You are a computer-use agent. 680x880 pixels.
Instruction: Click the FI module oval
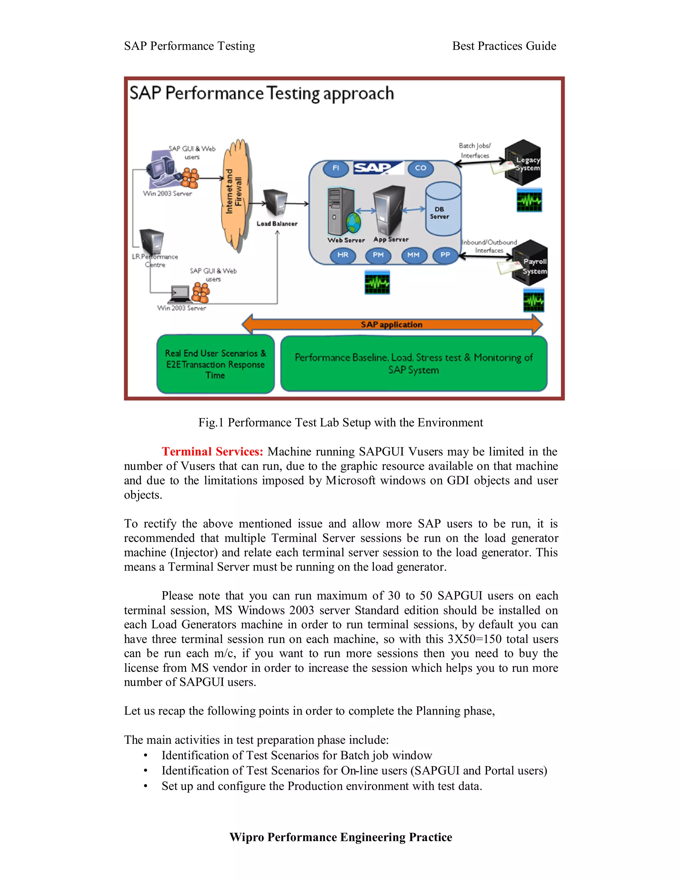(x=336, y=168)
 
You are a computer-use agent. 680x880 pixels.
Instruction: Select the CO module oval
(x=420, y=168)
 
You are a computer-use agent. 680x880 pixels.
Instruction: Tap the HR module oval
(x=343, y=255)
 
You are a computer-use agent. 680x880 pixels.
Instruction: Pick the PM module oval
(x=378, y=255)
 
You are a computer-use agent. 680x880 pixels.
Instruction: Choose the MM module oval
(x=413, y=255)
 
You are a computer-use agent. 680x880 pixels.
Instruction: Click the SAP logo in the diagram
(x=378, y=167)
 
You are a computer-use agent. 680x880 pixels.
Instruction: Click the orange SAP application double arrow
(x=391, y=325)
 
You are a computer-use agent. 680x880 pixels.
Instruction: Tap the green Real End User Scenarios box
(x=215, y=364)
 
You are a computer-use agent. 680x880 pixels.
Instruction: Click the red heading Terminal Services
(x=212, y=452)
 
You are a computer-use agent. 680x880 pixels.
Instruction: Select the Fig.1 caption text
(x=340, y=423)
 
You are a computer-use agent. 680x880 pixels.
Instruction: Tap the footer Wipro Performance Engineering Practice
(x=340, y=837)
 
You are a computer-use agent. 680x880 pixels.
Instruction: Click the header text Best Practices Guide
(x=504, y=46)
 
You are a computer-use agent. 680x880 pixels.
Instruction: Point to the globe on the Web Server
(x=354, y=221)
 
